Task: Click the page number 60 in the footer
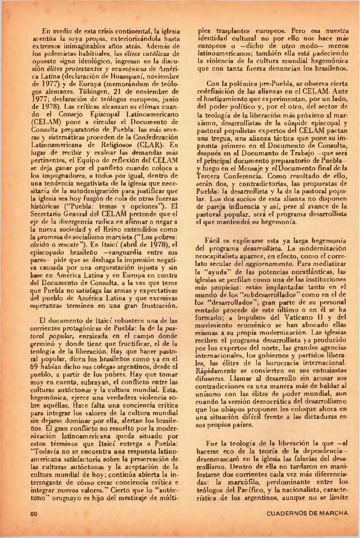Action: (33, 513)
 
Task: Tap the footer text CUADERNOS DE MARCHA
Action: (307, 513)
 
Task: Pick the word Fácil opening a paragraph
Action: (214, 242)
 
